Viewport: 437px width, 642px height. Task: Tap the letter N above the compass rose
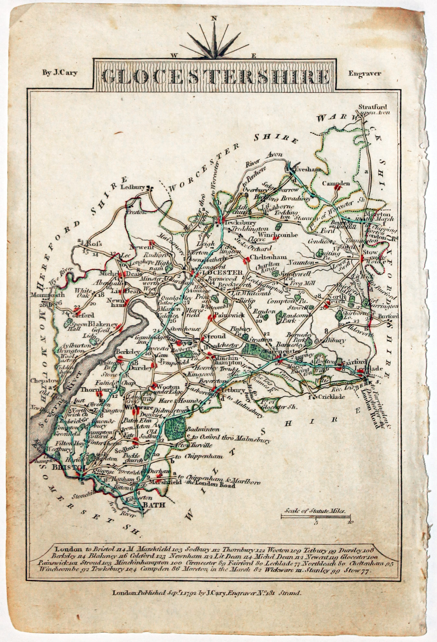(x=213, y=18)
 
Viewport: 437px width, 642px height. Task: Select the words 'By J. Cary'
(x=60, y=73)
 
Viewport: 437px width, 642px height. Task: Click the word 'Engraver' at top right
(x=365, y=73)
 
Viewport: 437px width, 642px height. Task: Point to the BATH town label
(x=154, y=505)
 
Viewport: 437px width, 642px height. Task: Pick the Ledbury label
(x=132, y=187)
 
